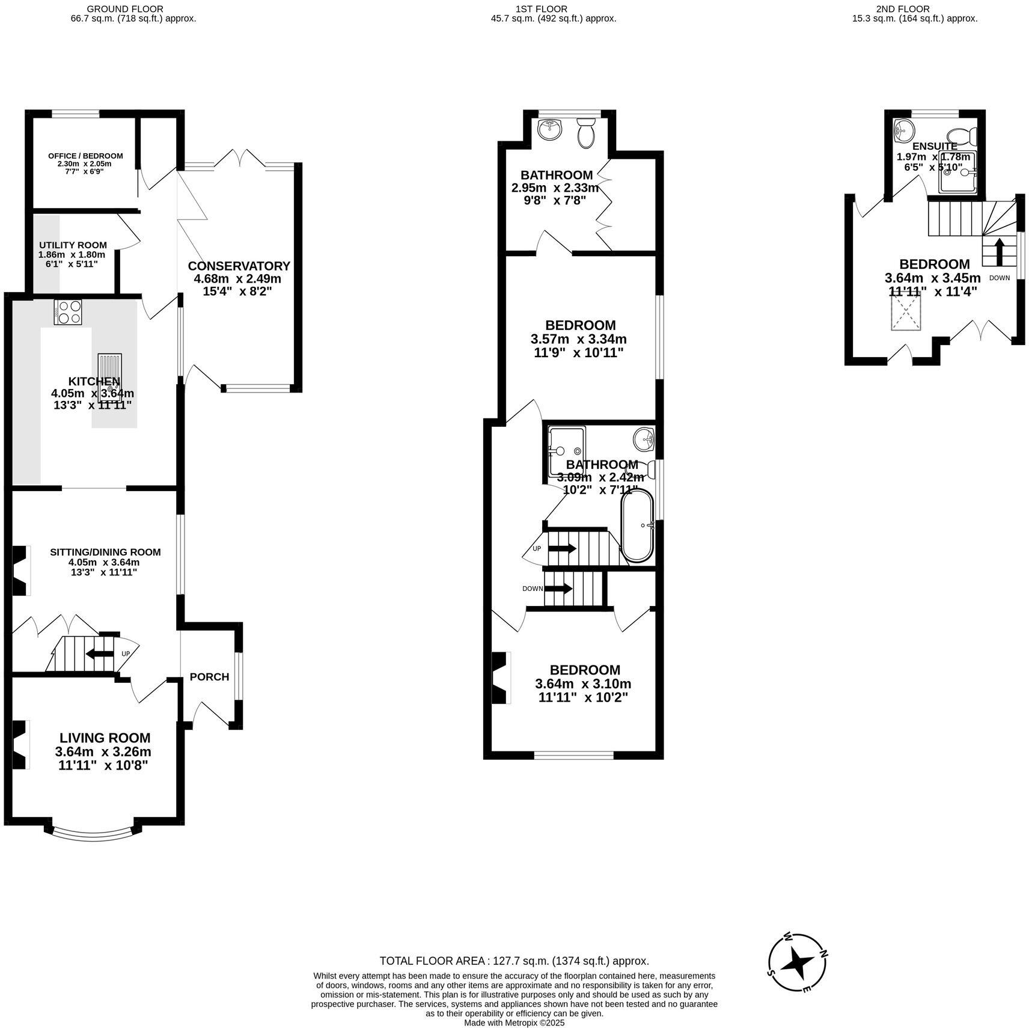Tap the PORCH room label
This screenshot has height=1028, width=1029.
209,677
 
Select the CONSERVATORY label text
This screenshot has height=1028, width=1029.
239,266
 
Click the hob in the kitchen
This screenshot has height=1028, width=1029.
68,312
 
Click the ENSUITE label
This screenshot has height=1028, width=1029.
935,146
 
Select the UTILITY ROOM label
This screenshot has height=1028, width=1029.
73,245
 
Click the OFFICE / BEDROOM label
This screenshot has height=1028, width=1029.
85,156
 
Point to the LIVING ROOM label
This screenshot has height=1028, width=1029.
105,738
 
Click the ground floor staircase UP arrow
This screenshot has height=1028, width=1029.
99,653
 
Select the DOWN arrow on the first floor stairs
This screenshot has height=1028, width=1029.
558,589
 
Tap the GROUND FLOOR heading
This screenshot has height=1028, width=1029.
124,9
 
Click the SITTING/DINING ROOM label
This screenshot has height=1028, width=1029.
105,552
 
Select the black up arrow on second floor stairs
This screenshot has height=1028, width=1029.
1000,252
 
